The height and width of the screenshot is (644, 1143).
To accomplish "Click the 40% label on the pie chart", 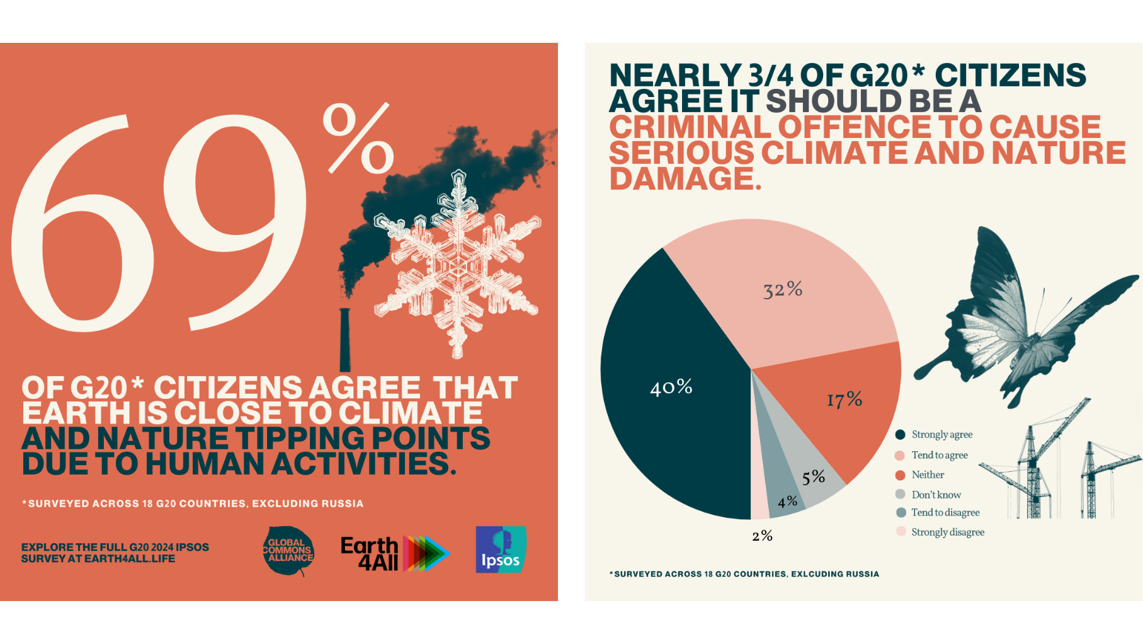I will (x=671, y=387).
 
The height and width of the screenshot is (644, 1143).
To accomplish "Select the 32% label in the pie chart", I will (x=783, y=290).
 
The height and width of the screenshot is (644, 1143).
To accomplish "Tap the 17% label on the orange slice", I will (x=844, y=400).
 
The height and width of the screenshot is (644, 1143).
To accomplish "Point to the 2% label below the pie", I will (x=762, y=536).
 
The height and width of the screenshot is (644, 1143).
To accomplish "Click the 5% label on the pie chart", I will (x=814, y=477).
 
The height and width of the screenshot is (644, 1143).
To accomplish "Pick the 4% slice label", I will (x=788, y=502).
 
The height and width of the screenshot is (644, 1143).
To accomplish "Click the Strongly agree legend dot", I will (x=901, y=434).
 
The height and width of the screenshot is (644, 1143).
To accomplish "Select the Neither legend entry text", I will (x=928, y=475).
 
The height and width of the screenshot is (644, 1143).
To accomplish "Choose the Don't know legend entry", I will (x=936, y=495).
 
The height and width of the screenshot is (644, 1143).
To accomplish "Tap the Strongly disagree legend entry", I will (x=947, y=532).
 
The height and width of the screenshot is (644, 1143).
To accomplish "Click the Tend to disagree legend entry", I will (x=945, y=512).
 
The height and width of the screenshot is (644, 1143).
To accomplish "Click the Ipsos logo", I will (x=501, y=549).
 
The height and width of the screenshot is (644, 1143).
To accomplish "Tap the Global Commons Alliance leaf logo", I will (x=289, y=551).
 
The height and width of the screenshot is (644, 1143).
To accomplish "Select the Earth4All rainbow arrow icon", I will (x=426, y=553).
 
